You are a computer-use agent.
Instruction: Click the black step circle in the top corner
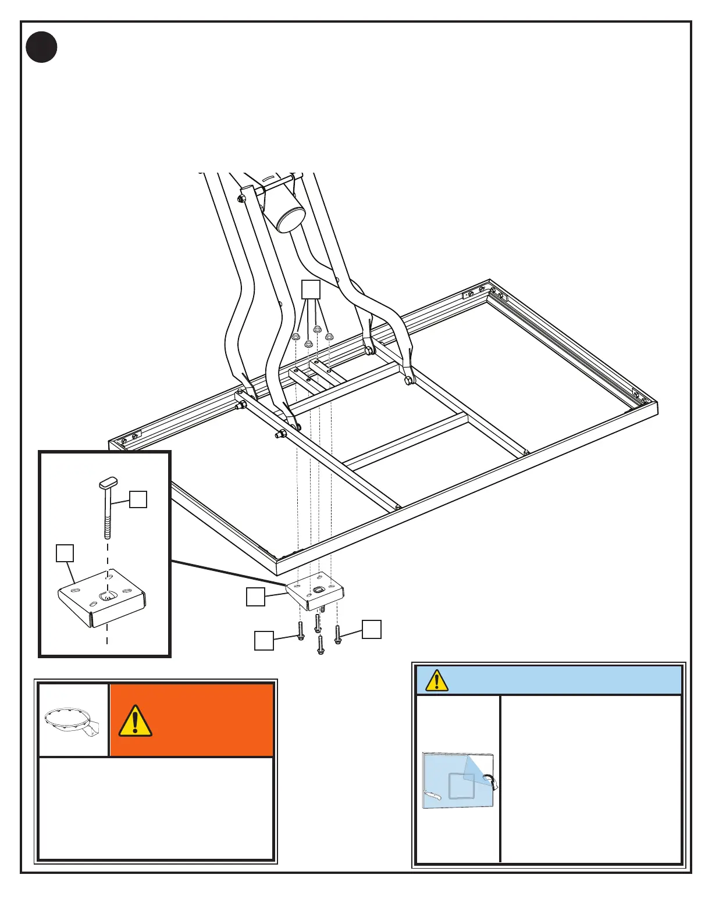41,48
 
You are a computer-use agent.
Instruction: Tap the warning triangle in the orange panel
135,721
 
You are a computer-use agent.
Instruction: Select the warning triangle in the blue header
437,680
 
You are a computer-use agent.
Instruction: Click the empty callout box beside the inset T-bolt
138,499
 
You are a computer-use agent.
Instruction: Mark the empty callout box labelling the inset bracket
65,553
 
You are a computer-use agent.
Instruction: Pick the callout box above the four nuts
311,290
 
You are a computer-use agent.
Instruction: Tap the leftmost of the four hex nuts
296,337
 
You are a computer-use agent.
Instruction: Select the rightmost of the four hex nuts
329,337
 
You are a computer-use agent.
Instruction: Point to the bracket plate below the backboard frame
316,592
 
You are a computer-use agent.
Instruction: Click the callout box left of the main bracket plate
255,597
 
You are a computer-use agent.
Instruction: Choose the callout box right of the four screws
372,629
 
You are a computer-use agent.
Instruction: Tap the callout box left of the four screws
264,641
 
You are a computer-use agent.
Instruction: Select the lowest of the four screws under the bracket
321,645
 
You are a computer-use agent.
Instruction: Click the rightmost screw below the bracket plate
337,634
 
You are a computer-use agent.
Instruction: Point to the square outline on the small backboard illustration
462,786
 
